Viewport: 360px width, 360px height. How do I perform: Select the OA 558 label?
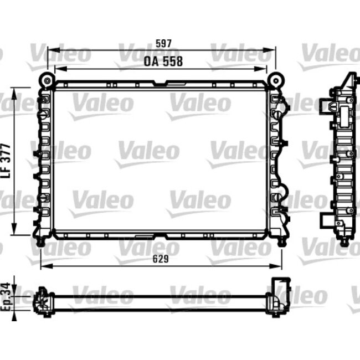163,61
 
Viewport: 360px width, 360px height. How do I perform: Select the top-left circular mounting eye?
47,81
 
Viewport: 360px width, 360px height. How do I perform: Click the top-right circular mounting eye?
274,81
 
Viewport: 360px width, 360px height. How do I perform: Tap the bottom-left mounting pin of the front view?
40,242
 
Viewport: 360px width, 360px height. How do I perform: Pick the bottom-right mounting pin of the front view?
282,242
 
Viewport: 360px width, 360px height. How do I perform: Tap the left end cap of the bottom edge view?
42,301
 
